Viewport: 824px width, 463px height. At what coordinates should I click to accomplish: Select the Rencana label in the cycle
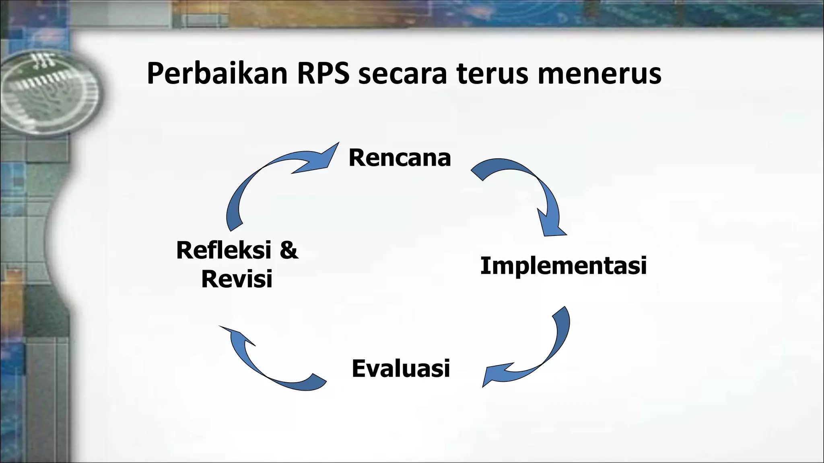(x=400, y=158)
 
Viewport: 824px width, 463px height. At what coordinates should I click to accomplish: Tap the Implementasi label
(x=563, y=266)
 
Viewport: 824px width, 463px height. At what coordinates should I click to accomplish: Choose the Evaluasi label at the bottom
(x=401, y=368)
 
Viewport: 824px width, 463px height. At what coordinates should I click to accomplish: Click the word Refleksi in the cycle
(x=224, y=250)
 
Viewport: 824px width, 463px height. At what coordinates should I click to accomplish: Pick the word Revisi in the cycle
(x=237, y=279)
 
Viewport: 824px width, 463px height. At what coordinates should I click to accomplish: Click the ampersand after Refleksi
(x=289, y=250)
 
